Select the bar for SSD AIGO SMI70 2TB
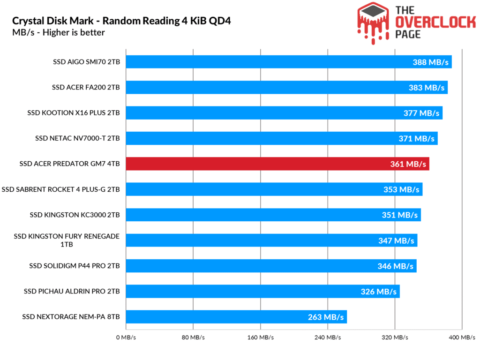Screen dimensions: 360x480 click(x=289, y=62)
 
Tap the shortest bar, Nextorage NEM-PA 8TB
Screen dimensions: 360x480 click(x=236, y=317)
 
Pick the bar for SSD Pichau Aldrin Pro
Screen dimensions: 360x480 click(x=262, y=291)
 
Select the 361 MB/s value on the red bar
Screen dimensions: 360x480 click(x=408, y=164)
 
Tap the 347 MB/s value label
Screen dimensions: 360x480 click(x=396, y=240)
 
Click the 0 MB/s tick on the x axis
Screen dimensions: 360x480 click(x=125, y=337)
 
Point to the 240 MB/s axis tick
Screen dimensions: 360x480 click(x=327, y=337)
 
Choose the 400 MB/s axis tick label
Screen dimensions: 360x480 click(x=462, y=337)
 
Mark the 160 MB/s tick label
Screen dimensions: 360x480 click(x=260, y=337)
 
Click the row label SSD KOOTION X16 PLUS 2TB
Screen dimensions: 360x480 click(x=74, y=112)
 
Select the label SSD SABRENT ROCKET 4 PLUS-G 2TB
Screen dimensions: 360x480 click(x=61, y=189)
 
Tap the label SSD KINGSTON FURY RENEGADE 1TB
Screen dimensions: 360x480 click(x=67, y=240)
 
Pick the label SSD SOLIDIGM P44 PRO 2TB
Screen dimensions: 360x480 click(x=75, y=266)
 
